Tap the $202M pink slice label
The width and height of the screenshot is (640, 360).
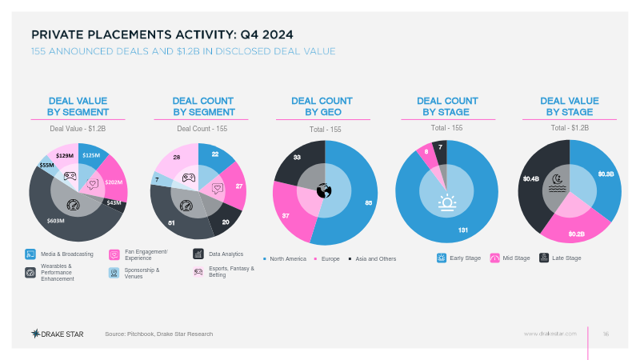[x=114, y=182]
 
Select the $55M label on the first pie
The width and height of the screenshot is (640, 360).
[x=46, y=166]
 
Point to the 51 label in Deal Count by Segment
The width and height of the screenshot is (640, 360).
[x=170, y=222]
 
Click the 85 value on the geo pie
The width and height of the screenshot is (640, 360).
[x=369, y=203]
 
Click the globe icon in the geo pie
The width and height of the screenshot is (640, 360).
[x=324, y=191]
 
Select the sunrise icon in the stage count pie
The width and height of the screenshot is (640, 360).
[x=446, y=202]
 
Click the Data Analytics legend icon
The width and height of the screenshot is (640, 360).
[x=198, y=254]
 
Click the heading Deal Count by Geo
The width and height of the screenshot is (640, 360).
[x=322, y=106]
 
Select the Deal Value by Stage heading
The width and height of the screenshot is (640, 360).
[x=569, y=106]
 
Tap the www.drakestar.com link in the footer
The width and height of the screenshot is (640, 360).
[x=550, y=333]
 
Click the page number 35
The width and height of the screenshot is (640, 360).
[x=606, y=333]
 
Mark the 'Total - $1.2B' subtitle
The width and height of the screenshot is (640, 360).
[x=569, y=128]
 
